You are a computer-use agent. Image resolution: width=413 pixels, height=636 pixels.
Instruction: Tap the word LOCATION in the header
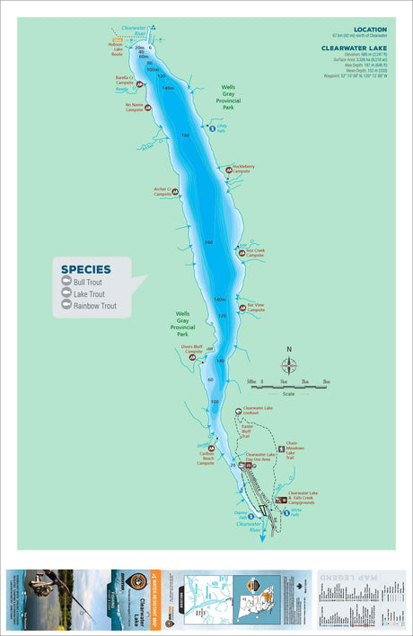click(370, 30)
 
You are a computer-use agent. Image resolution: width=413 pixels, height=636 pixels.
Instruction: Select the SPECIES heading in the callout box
click(86, 268)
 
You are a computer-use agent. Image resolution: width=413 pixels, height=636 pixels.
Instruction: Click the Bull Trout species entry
click(88, 282)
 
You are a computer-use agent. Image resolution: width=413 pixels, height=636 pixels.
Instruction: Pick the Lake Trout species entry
click(89, 293)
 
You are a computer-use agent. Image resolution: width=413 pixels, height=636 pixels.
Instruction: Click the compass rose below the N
click(289, 365)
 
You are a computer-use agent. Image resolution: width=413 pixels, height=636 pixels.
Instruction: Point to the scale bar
click(289, 387)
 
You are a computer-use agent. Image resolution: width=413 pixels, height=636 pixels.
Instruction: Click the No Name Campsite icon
click(148, 109)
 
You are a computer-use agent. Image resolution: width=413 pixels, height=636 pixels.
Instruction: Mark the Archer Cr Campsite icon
click(175, 191)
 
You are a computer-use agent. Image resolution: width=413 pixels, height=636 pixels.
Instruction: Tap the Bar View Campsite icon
click(242, 308)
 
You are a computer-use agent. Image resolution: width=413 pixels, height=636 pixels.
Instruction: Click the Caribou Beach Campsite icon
click(212, 449)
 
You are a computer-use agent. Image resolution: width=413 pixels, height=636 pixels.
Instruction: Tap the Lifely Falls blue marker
click(212, 128)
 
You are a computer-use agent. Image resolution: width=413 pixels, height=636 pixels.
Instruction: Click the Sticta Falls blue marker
click(287, 512)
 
